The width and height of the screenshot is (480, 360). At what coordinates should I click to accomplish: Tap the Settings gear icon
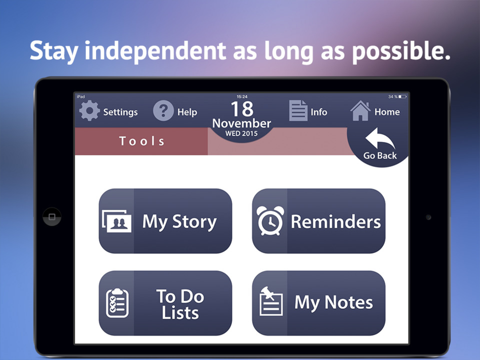point(90,111)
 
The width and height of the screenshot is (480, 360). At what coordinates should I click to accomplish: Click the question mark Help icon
point(163,111)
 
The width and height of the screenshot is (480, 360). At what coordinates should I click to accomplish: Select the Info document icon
point(298,111)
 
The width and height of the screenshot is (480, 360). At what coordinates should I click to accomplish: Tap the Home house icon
point(360,111)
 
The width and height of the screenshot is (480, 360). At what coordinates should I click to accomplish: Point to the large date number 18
point(241,108)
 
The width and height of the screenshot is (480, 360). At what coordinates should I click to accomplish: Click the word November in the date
point(241,123)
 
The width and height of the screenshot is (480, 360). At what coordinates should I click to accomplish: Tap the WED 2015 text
point(241,134)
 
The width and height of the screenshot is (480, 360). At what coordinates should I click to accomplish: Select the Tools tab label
point(141,141)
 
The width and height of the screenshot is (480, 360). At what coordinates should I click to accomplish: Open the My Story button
point(165,221)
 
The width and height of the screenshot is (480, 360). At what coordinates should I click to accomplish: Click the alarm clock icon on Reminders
point(270,221)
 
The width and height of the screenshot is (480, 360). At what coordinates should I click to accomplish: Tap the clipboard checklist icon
point(117,303)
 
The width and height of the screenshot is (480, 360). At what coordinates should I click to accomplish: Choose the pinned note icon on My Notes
point(271,302)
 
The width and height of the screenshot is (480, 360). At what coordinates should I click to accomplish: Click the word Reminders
point(335,221)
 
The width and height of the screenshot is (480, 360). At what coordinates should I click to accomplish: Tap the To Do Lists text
point(180,304)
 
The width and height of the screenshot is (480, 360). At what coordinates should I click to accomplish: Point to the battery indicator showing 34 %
point(397,96)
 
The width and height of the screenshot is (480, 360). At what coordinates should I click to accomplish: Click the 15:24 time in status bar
point(241,96)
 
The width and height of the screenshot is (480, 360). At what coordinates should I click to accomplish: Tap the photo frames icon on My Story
point(116,221)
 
